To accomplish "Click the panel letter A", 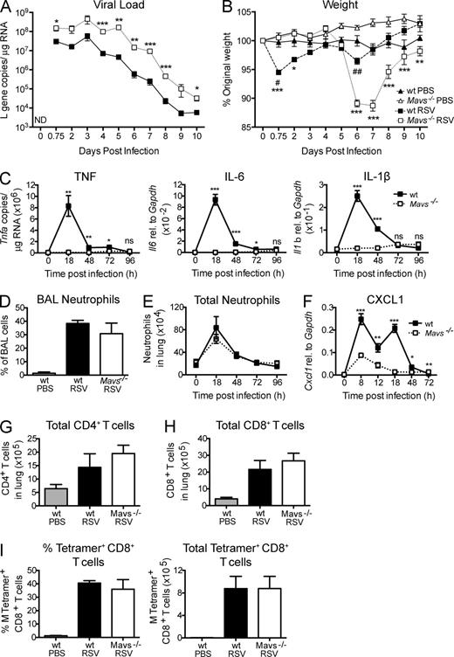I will (7, 9).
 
